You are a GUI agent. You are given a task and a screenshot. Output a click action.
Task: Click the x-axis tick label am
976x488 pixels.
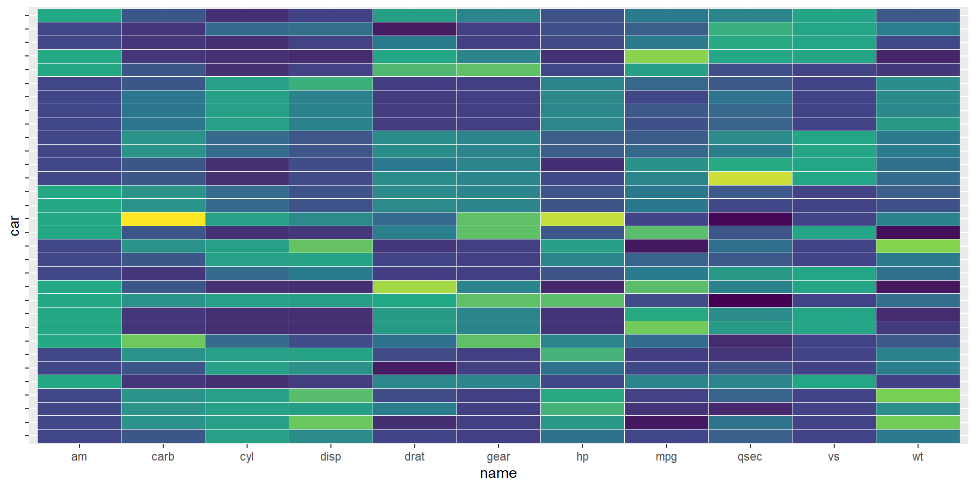[79, 456]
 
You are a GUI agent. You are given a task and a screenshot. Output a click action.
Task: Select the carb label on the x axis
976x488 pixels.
[163, 456]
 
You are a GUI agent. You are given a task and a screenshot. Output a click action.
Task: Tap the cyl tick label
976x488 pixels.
[247, 456]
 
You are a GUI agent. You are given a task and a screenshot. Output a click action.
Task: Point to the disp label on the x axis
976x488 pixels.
[330, 456]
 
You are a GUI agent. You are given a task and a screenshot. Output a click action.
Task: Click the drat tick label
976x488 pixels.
[414, 456]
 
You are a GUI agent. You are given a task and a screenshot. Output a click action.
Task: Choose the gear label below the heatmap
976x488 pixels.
[498, 456]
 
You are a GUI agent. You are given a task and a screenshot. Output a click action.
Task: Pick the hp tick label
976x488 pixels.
[582, 456]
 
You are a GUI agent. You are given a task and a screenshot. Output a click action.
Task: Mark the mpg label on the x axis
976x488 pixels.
[666, 456]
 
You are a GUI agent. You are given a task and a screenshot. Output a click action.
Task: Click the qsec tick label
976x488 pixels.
[750, 456]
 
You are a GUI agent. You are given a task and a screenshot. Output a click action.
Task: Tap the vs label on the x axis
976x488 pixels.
[834, 456]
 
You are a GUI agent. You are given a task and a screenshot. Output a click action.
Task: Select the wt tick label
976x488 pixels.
[918, 456]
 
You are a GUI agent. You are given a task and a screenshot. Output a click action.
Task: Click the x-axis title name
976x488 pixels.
[498, 473]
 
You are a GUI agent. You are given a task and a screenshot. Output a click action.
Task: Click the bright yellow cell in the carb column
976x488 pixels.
[163, 219]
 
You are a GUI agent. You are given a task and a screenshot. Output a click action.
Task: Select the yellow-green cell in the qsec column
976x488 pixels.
[750, 178]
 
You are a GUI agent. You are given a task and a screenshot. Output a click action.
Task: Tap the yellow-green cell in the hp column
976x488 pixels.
[582, 219]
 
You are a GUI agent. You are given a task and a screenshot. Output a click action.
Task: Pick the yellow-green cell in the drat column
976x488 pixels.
[414, 287]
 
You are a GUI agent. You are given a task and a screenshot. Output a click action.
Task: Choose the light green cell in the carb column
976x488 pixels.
[163, 341]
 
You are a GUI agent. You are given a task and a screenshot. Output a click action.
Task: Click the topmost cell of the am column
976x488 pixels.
[79, 16]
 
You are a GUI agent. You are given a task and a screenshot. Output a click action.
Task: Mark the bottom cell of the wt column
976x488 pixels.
[918, 436]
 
